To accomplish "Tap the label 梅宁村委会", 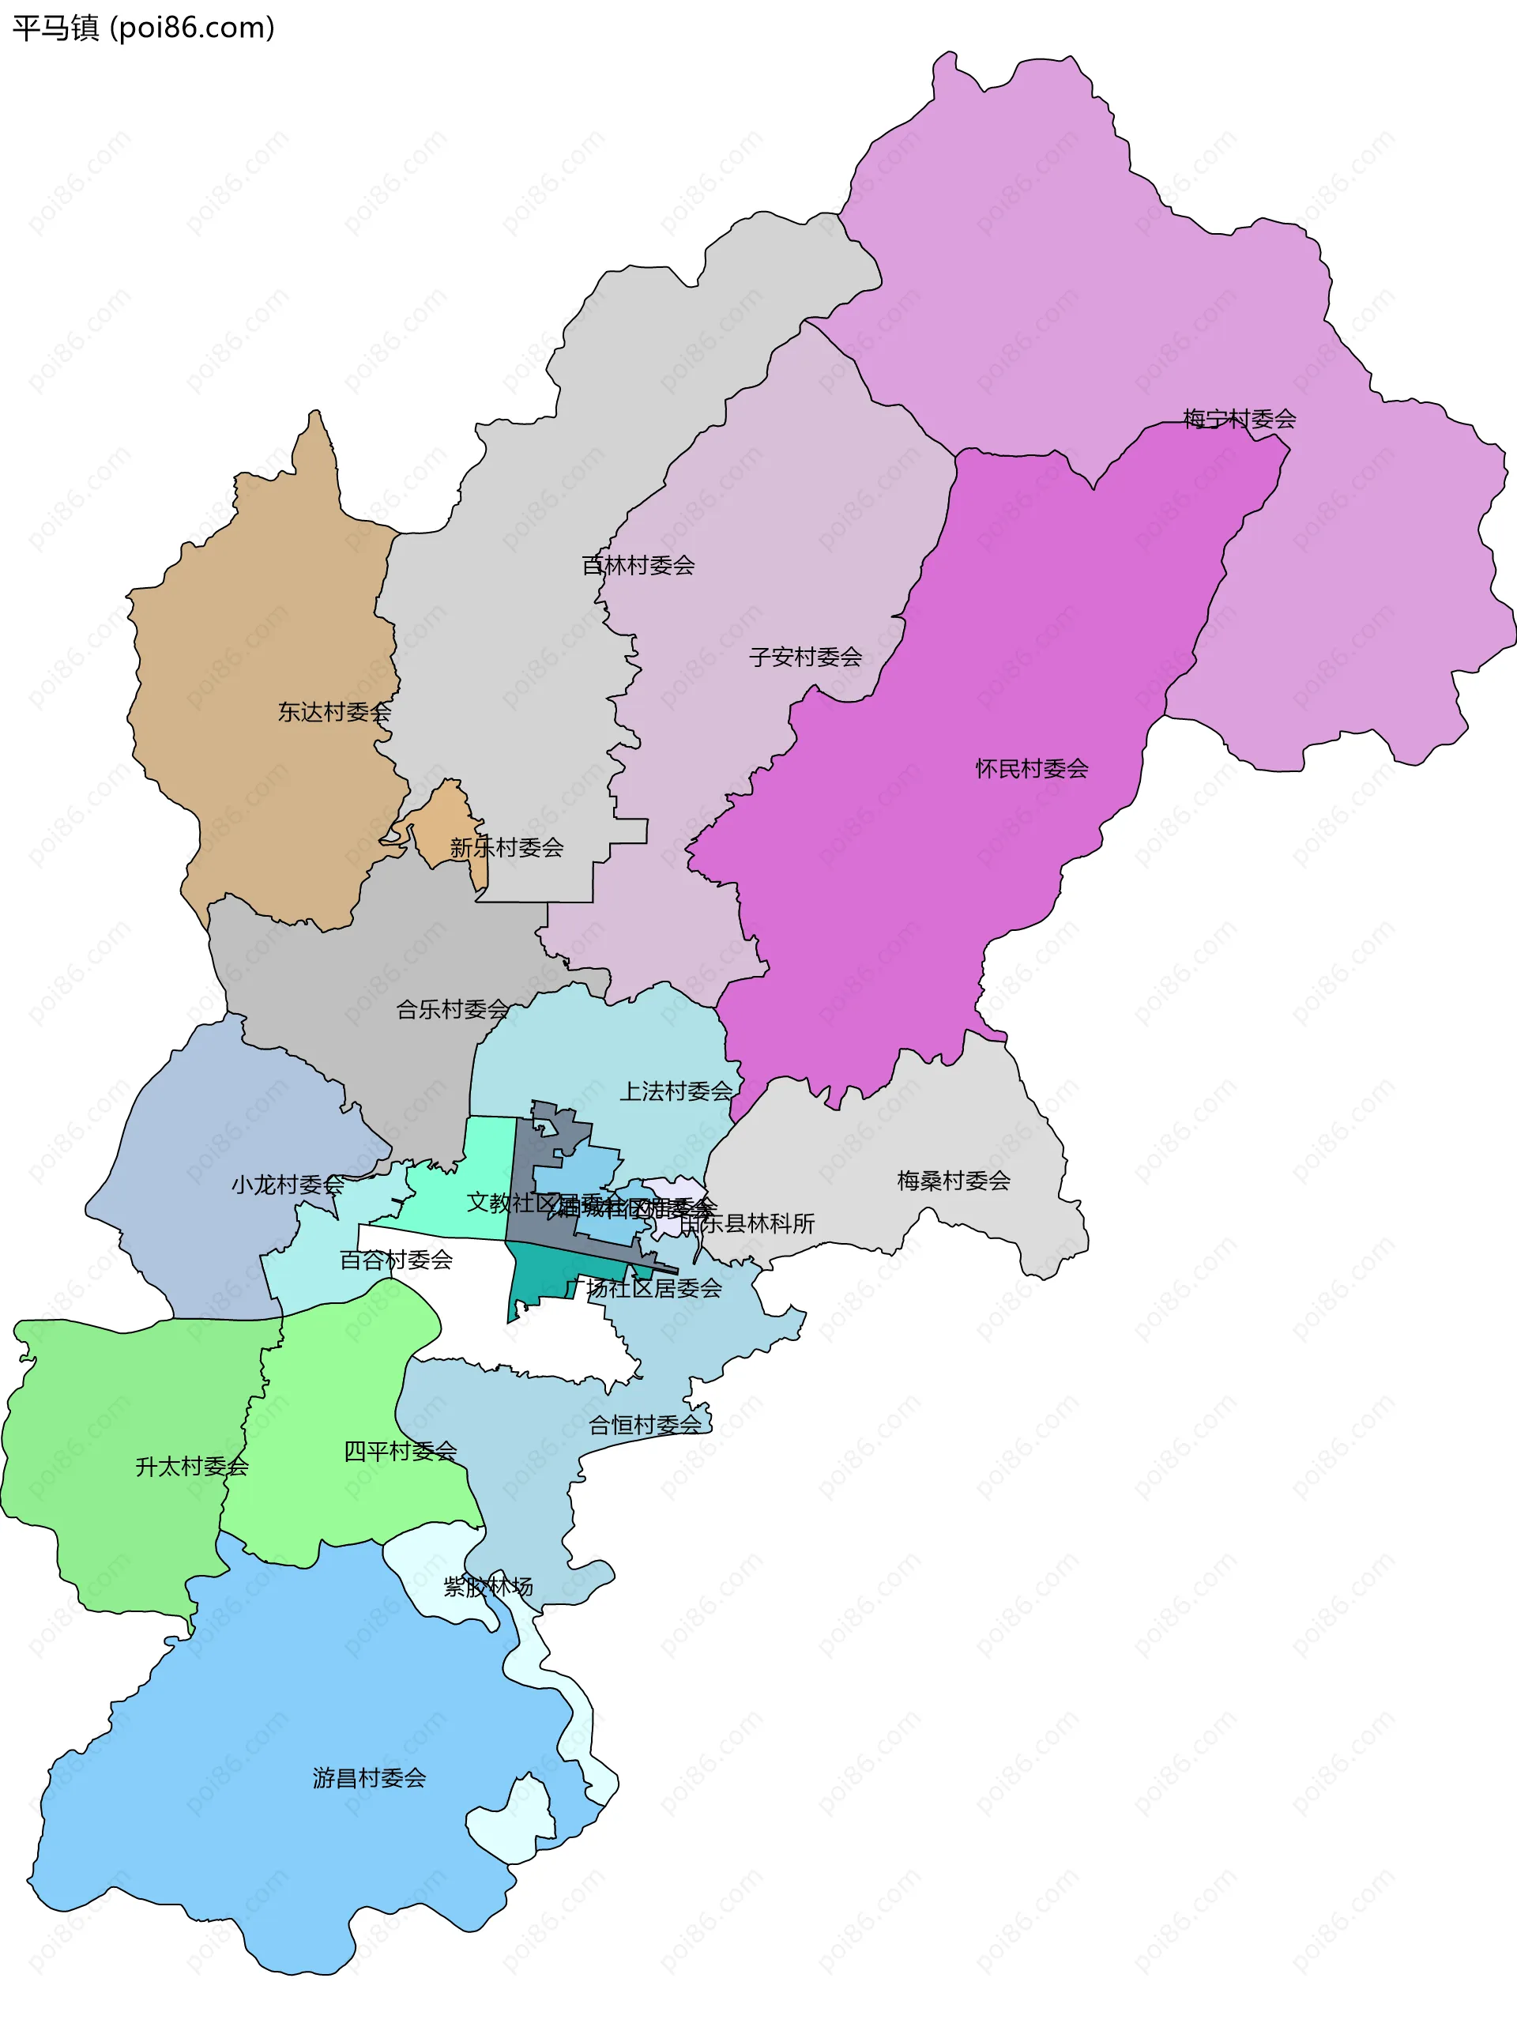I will coord(1239,420).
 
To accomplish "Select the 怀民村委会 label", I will coord(1032,769).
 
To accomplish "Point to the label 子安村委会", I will coord(805,657).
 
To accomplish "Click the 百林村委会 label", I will coord(638,565).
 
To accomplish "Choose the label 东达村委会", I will coord(334,712).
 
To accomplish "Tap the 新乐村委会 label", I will coord(506,848).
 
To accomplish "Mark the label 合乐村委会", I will coord(453,1010).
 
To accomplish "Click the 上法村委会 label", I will coord(676,1091).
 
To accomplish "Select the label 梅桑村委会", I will coord(953,1181).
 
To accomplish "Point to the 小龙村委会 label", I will coord(287,1185).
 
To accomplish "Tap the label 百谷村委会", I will coord(396,1260).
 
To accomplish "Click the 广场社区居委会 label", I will coord(645,1288).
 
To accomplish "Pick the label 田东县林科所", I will coord(747,1223).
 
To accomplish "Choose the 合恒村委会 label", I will coord(645,1425).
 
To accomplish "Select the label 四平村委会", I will coord(401,1451).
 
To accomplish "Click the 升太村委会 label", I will coord(191,1466).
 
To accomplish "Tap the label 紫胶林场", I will coord(487,1586).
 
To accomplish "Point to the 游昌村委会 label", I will coord(369,1778).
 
